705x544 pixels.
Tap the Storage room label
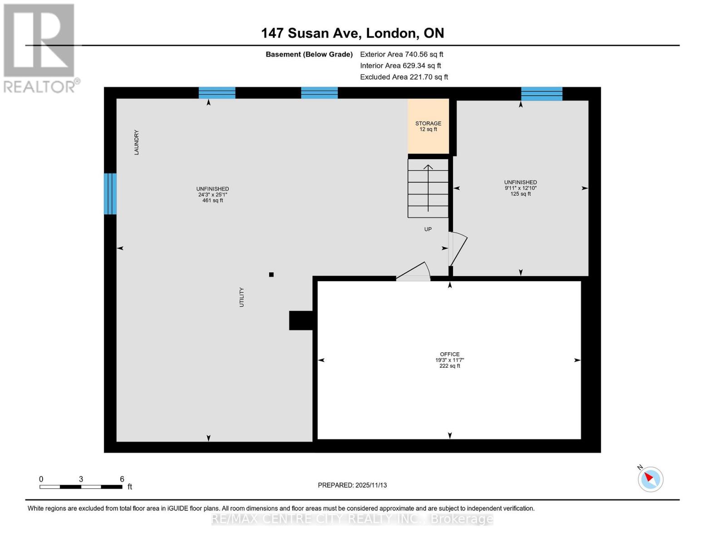[x=428, y=123]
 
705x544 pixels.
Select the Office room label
[x=449, y=354]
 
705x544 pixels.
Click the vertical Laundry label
[x=136, y=142]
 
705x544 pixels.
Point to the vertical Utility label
[x=242, y=297]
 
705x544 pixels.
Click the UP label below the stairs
[x=428, y=229]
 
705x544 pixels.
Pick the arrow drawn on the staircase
[x=428, y=188]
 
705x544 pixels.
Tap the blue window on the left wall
[x=110, y=194]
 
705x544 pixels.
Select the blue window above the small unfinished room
[x=542, y=94]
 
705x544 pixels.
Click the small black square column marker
[x=271, y=274]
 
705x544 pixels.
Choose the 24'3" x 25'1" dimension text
[x=212, y=194]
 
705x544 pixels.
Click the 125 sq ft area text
[x=520, y=194]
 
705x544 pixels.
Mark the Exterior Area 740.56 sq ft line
[x=401, y=54]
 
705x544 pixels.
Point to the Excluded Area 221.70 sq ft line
[x=404, y=77]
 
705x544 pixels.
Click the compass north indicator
[x=651, y=479]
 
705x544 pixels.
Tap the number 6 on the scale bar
[x=122, y=479]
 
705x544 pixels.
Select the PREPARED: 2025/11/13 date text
[x=352, y=485]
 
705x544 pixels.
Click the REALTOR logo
[x=40, y=48]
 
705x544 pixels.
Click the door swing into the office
[x=414, y=272]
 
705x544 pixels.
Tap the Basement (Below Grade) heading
[x=309, y=54]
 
